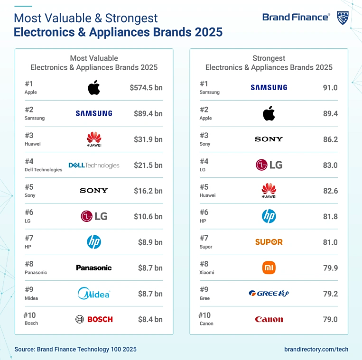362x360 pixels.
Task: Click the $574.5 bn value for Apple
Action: (146, 88)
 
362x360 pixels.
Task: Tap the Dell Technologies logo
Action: (94, 165)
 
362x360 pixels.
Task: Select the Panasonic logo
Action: (94, 268)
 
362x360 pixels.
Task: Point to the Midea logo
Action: (94, 294)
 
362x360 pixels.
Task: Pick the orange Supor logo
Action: (269, 242)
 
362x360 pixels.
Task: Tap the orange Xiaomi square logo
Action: (269, 268)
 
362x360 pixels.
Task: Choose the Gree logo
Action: (269, 294)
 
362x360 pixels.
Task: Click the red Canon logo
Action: (269, 319)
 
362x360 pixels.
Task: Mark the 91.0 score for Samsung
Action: (330, 88)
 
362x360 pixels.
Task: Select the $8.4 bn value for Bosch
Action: (150, 319)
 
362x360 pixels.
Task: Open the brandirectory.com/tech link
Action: (316, 349)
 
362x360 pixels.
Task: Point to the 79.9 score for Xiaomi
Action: (330, 268)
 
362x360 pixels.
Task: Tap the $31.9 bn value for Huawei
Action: (148, 139)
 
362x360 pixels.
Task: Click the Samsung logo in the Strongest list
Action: (269, 87)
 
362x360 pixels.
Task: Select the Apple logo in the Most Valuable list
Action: (94, 88)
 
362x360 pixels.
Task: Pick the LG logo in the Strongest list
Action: (269, 165)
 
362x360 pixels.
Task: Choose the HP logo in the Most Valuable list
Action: (94, 242)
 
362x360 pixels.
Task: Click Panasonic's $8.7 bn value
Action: (150, 268)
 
